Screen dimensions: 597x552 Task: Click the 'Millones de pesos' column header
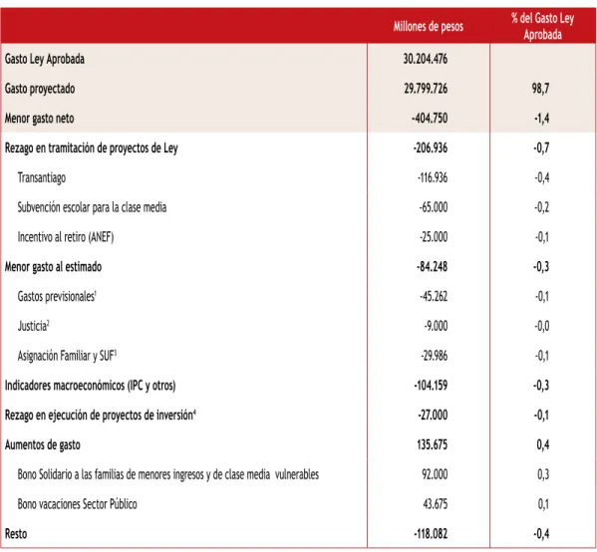429,26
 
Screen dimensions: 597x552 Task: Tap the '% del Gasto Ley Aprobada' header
542,26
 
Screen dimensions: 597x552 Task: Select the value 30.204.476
426,59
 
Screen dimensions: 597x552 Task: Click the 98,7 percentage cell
540,89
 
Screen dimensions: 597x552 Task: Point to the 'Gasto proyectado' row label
40,89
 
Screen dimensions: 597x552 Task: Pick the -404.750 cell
430,118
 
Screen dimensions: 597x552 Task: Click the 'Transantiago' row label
42,177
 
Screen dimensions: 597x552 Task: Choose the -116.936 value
433,177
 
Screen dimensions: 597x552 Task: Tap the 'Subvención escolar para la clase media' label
92,207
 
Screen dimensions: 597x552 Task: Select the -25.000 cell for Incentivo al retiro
434,237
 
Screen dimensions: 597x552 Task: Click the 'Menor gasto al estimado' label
53,266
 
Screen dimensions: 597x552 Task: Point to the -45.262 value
434,296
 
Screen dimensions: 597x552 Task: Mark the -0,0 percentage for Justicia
542,326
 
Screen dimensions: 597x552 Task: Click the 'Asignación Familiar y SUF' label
67,356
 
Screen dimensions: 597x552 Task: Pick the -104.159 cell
431,386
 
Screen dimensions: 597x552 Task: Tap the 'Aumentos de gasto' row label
42,444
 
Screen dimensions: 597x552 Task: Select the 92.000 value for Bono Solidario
435,474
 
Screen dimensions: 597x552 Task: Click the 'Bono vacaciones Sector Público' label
78,504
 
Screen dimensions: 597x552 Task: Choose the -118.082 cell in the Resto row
431,534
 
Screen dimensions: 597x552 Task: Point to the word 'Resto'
16,534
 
